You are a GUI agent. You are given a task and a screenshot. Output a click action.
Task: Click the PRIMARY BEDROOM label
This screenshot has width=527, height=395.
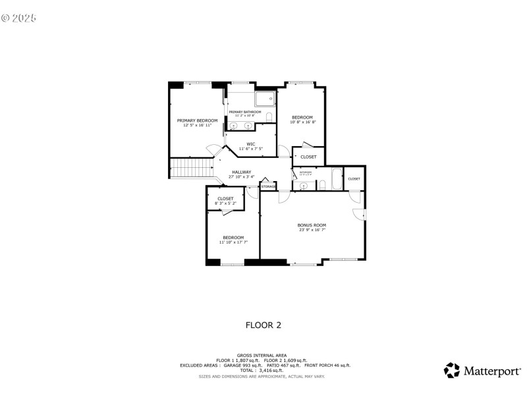pos(197,120)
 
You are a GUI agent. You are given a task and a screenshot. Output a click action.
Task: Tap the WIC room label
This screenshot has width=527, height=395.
pos(251,144)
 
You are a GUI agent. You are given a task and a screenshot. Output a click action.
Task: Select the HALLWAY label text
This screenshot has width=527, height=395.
pos(241,172)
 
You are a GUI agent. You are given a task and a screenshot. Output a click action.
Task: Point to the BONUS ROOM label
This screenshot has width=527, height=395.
pos(312,225)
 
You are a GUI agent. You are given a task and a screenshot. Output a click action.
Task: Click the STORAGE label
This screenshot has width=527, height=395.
pos(268,186)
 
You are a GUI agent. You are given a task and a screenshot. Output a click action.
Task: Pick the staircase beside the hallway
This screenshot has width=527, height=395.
pos(191,169)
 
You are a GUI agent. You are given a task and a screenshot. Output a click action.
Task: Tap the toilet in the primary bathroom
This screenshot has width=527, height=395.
pos(269,117)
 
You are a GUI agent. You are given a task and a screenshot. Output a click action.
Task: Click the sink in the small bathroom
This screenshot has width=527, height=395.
pos(304,186)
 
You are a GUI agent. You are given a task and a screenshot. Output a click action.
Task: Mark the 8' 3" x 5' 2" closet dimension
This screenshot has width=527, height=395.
pos(225,203)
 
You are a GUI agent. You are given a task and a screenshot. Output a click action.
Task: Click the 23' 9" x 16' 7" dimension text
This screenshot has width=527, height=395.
pos(312,230)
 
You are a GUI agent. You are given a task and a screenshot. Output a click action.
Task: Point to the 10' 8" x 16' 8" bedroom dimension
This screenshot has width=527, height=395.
pos(303,122)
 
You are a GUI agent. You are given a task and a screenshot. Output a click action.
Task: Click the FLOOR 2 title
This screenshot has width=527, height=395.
pos(263,325)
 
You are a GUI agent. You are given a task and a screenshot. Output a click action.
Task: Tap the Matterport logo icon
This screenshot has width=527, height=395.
pos(451,370)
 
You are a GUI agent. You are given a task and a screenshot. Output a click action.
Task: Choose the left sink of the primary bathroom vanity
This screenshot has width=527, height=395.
pos(235,124)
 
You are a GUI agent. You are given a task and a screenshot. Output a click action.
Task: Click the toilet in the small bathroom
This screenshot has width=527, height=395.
pos(322,185)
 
